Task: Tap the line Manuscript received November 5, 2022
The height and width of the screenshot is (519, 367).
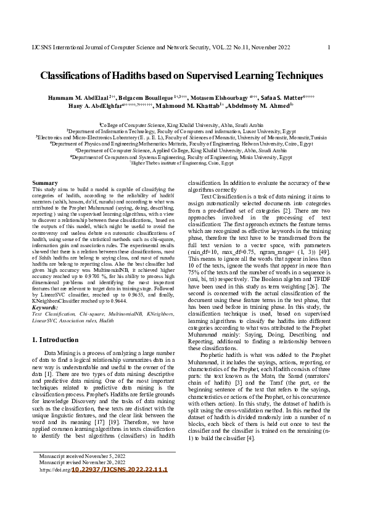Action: pos(82,456)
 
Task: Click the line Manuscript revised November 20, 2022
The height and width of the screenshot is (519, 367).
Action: pos(82,462)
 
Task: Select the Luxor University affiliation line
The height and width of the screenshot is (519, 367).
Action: pos(183,131)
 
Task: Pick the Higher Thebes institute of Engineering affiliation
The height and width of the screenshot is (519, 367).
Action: pos(183,163)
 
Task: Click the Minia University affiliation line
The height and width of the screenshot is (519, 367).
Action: pos(183,157)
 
